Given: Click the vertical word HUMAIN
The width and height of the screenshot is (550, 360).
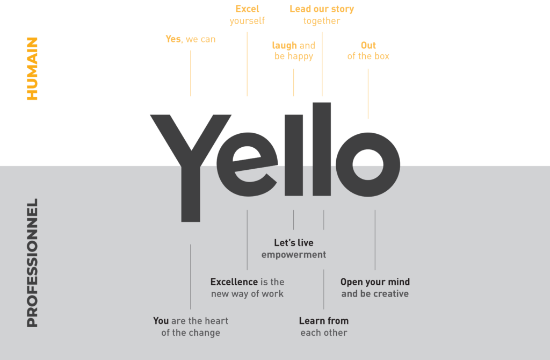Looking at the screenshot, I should tap(33, 69).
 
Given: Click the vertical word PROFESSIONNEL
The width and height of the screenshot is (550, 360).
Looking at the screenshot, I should tap(33, 263).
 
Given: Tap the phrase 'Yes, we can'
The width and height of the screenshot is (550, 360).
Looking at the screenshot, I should tap(190, 39).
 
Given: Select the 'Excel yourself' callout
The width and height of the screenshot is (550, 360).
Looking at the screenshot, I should tap(247, 15).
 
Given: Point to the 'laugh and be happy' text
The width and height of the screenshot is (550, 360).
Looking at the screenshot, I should tap(293, 51).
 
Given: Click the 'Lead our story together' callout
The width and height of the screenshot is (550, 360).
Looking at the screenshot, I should tap(322, 15).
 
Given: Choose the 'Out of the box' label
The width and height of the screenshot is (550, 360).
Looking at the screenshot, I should tap(368, 51).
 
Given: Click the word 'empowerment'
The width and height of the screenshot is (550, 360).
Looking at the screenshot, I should tap(293, 255).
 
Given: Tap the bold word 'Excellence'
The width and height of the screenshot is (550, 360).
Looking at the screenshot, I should tap(234, 282).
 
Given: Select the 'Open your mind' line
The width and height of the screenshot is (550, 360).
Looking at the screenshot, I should tap(375, 282).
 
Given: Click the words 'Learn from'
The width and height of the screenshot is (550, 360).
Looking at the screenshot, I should tap(323, 321).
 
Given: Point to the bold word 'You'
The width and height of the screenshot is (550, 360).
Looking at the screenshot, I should tap(161, 321).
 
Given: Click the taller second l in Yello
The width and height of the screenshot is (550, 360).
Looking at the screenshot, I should tap(322, 150).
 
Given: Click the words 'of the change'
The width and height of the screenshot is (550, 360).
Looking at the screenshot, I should tap(191, 333).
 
